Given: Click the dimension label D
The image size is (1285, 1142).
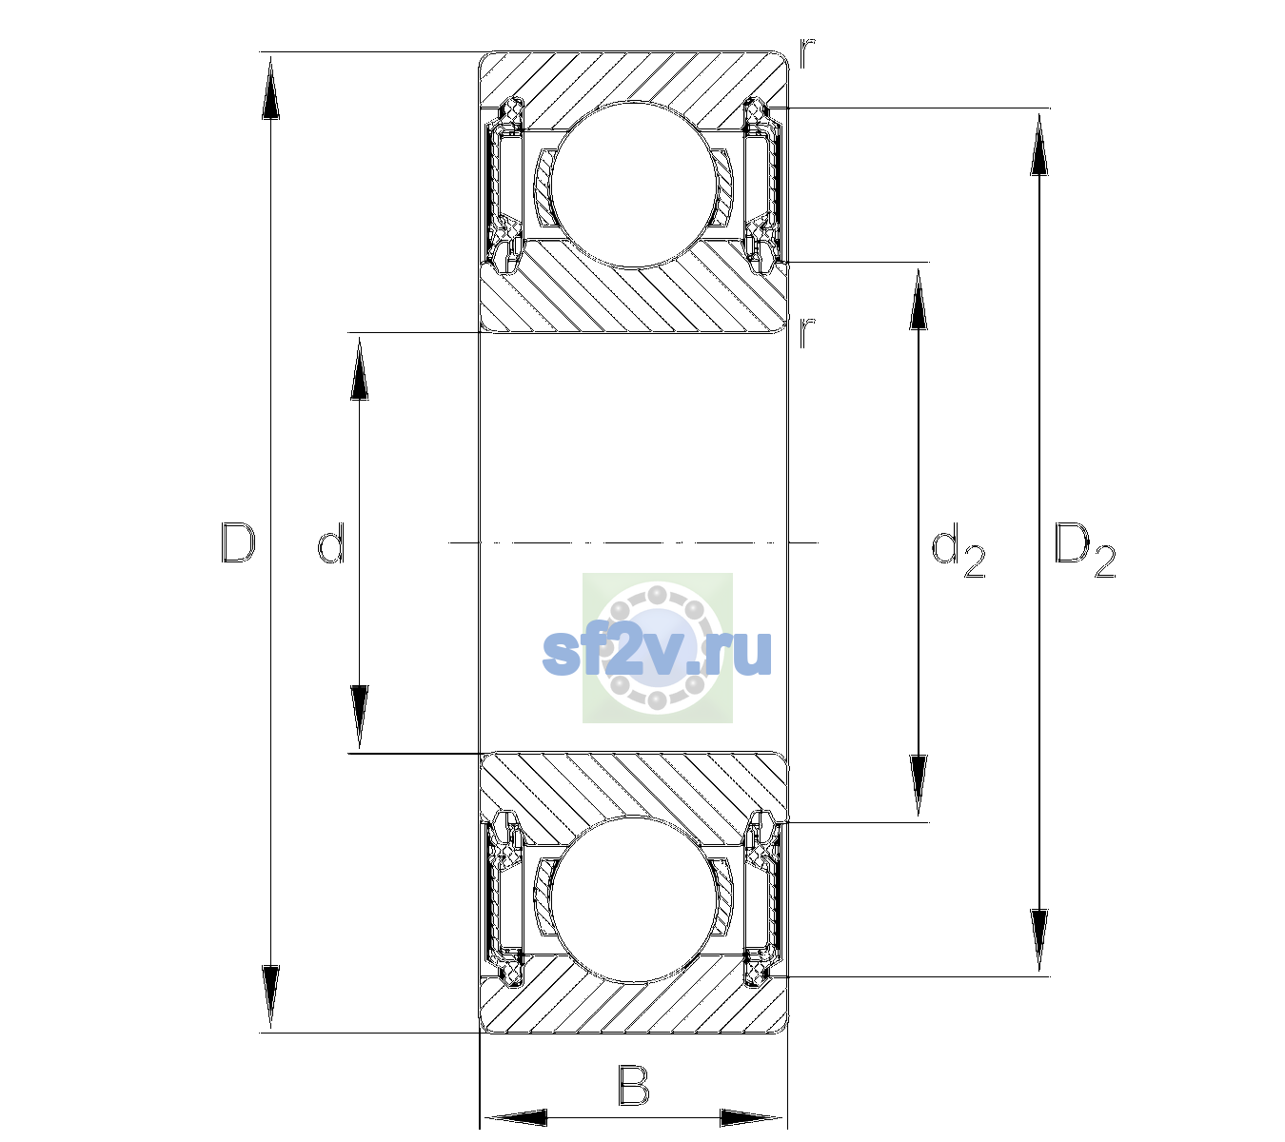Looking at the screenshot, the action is [x=238, y=542].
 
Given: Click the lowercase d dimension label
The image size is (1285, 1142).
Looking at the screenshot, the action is [x=331, y=543].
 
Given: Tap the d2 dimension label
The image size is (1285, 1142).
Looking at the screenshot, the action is [x=958, y=549].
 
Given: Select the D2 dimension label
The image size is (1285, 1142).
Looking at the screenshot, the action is [x=1084, y=549].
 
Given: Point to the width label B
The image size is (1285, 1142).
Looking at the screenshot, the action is [x=633, y=1085].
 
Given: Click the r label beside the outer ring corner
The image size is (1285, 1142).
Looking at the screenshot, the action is [x=807, y=53].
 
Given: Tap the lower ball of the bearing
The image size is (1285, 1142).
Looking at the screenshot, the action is [x=633, y=900].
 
